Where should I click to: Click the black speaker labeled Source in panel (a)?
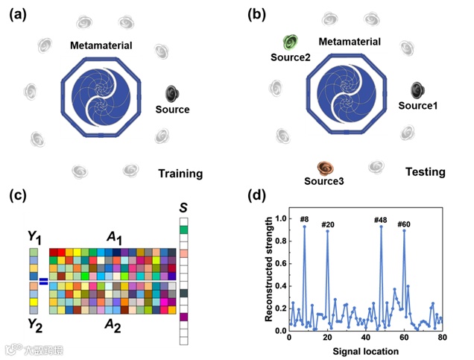[x=172, y=93]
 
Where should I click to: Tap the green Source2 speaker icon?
[x=290, y=42]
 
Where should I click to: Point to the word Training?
[x=180, y=174]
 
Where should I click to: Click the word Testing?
[x=425, y=172]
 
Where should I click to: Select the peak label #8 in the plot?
[x=304, y=219]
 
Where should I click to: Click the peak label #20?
[x=328, y=224]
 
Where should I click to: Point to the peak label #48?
[x=382, y=219]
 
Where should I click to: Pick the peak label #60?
[x=404, y=224]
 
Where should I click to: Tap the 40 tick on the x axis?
[x=365, y=338]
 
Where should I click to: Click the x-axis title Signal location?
[x=366, y=350]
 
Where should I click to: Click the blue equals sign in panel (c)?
[x=43, y=281]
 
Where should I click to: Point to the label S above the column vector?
[x=183, y=206]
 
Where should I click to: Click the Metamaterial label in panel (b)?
[x=350, y=40]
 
